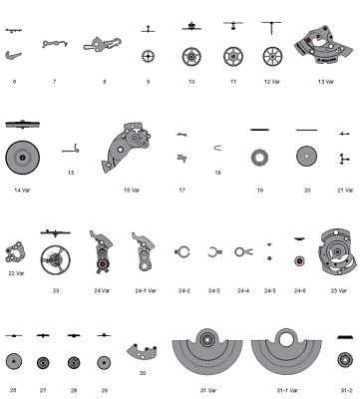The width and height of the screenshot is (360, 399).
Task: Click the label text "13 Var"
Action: (x=325, y=81)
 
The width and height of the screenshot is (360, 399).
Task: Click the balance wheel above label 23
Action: (x=56, y=258)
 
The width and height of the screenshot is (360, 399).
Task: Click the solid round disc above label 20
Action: (x=306, y=156)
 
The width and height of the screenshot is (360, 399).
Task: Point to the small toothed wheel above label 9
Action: (x=149, y=56)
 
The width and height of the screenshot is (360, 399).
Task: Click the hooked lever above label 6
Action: (x=14, y=55)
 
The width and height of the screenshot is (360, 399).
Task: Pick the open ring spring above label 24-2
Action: (x=183, y=253)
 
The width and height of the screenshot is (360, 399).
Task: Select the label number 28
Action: (x=73, y=390)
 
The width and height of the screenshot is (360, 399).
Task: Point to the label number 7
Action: (x=54, y=80)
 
